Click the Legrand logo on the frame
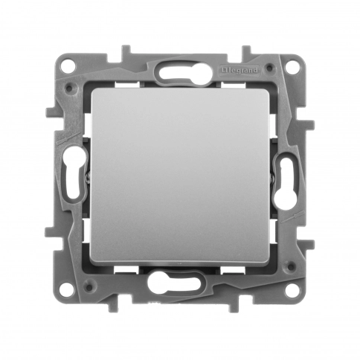click(240, 71)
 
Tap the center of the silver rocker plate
click(180, 176)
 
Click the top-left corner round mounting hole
click(68, 65)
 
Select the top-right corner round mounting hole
click(292, 66)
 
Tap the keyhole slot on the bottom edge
click(174, 283)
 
